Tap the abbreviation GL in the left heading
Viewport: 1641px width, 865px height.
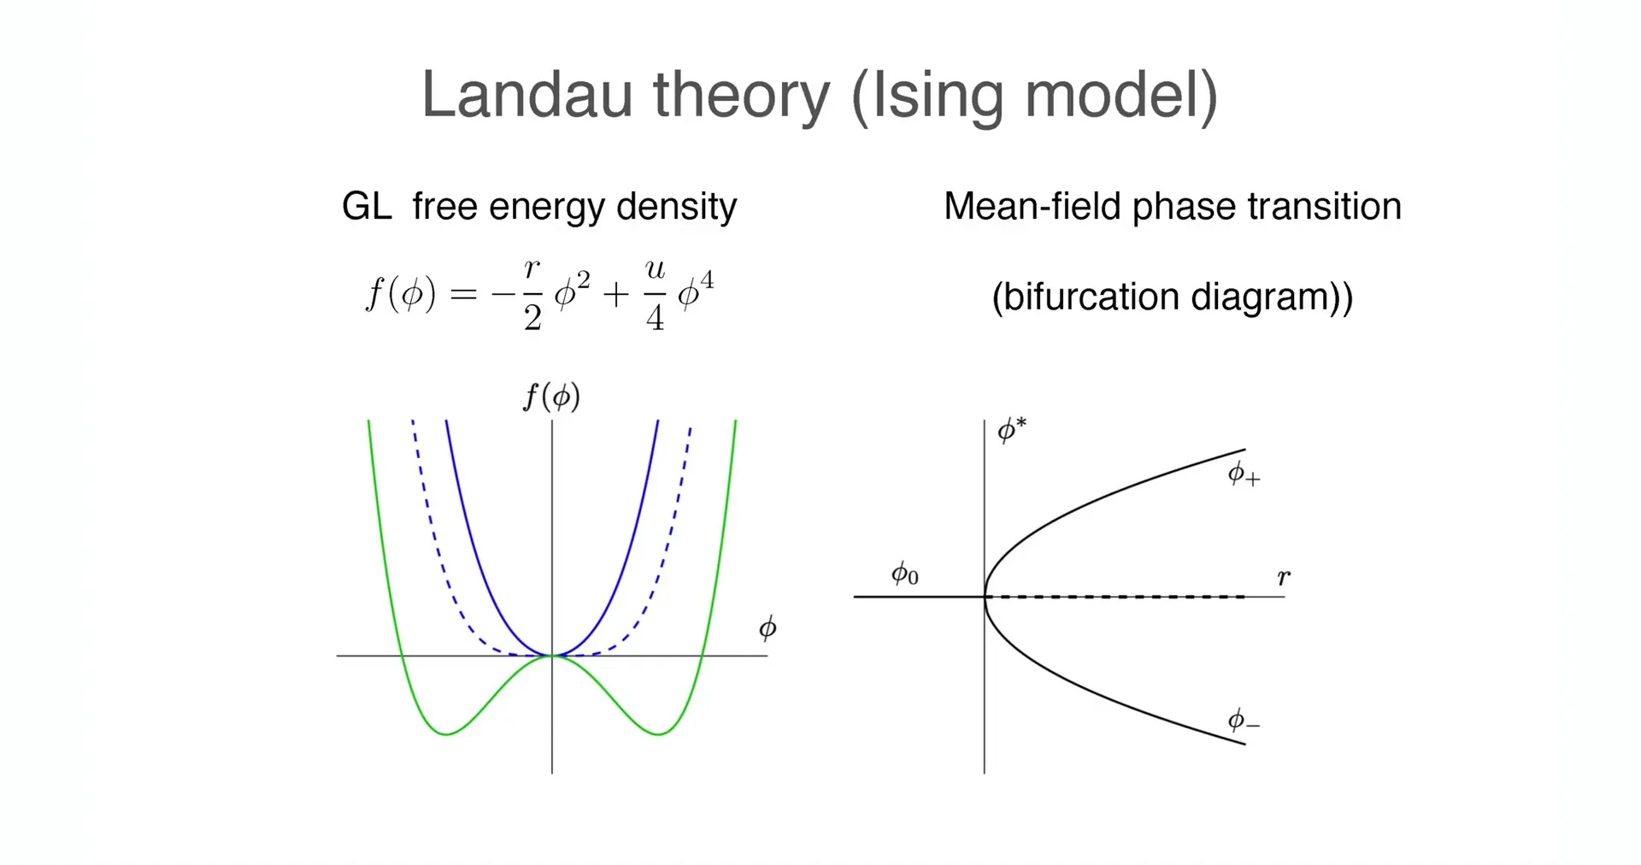pyautogui.click(x=367, y=206)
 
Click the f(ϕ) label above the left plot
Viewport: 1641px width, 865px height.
pyautogui.click(x=551, y=397)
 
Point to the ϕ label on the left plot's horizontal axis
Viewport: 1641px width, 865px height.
pyautogui.click(x=768, y=629)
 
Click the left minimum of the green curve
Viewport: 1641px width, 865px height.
pyautogui.click(x=446, y=733)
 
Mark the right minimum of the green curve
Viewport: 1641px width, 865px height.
pyautogui.click(x=658, y=733)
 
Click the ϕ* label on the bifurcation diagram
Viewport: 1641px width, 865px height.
pyautogui.click(x=1012, y=429)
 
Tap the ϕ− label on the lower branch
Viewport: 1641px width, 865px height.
pyautogui.click(x=1244, y=721)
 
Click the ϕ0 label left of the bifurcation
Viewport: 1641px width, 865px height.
pyautogui.click(x=905, y=574)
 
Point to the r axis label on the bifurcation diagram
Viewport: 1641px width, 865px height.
pyautogui.click(x=1284, y=577)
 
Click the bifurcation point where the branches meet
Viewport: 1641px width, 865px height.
pyautogui.click(x=985, y=596)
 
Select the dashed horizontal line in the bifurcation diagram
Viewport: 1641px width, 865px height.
pyautogui.click(x=1115, y=597)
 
